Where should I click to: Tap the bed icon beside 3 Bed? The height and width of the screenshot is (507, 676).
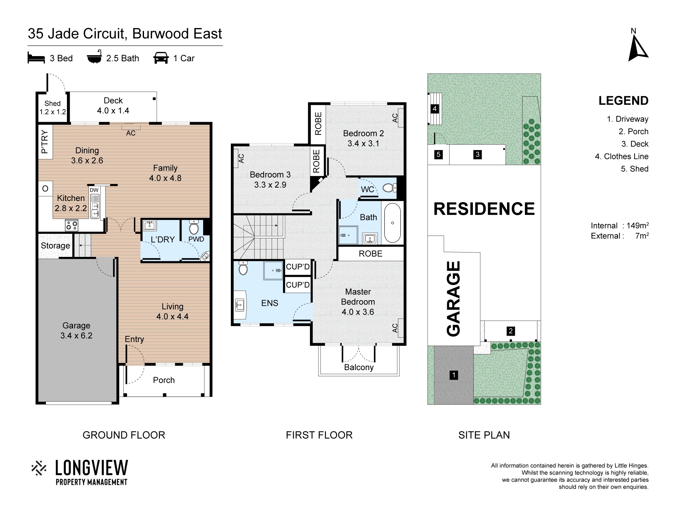point(36,58)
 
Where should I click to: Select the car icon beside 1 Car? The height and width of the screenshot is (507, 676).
point(161,58)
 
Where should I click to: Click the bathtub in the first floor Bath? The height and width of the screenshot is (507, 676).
point(392,223)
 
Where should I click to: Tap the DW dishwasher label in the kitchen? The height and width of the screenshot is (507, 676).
point(94,190)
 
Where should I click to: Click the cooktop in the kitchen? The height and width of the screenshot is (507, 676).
point(72,225)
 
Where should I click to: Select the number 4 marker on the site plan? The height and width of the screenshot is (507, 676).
point(435,109)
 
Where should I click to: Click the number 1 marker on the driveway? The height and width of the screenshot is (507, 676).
point(454,375)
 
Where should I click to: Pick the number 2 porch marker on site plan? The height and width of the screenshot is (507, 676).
point(511,331)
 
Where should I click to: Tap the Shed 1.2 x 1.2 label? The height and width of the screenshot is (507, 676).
point(52,107)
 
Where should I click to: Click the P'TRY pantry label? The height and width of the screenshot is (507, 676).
point(45,142)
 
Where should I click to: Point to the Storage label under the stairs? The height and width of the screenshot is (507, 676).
point(55,246)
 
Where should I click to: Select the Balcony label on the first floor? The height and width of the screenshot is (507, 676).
point(359,367)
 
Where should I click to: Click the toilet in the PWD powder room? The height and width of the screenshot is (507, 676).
point(194,227)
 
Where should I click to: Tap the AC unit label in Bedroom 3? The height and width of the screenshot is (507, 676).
point(241,158)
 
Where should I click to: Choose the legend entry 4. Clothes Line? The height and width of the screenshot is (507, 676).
point(622,156)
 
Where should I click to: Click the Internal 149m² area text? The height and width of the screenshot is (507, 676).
point(620,225)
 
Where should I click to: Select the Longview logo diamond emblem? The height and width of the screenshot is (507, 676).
point(39,468)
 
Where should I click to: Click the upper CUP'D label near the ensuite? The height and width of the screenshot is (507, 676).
point(298,267)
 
